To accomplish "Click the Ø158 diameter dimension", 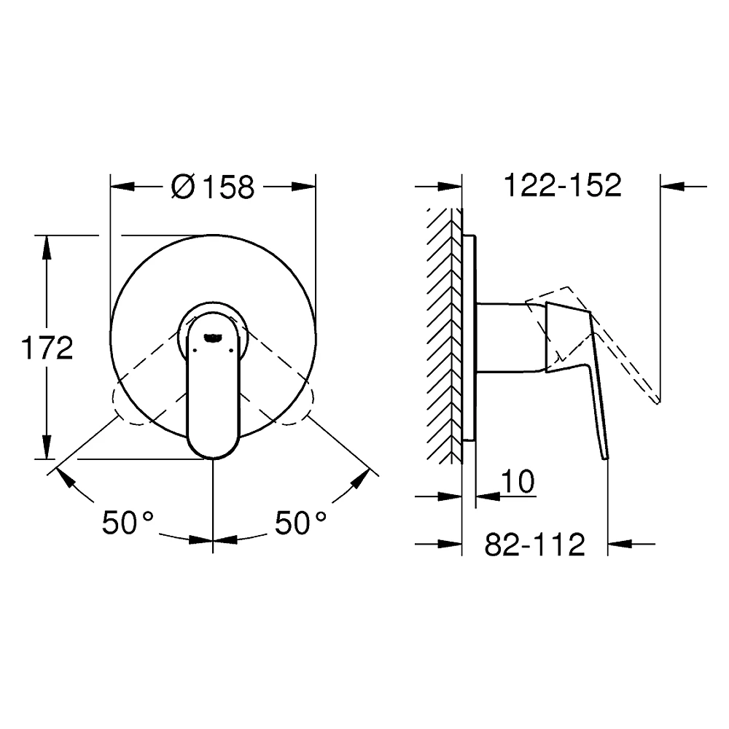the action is click(x=213, y=187).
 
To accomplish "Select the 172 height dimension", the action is click(x=47, y=348).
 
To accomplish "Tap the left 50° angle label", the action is click(x=128, y=522).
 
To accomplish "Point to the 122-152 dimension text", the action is click(x=563, y=185).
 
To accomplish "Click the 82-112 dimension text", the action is click(x=534, y=545).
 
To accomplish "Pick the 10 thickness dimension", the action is click(x=518, y=481).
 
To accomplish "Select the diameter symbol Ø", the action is click(x=182, y=187).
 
